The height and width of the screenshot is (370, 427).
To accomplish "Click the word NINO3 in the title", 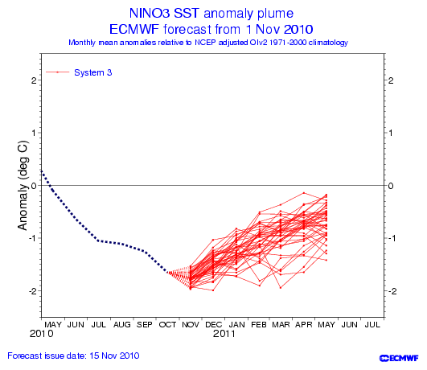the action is coord(149,13).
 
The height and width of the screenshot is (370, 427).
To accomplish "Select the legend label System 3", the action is coord(92,72).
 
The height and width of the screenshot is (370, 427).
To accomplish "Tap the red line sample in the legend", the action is coord(57,72).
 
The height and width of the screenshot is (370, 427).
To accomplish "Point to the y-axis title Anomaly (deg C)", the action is coord(23,185).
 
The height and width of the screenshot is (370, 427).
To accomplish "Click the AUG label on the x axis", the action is coord(121,324).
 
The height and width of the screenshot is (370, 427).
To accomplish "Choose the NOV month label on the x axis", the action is coord(191,324).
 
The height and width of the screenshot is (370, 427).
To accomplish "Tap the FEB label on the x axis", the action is coord(259,324).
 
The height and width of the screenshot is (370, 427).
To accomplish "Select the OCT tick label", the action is coord(167,324).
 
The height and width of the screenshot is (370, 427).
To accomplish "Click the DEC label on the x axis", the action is coord(213,324).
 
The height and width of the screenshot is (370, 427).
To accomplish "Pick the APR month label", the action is coord(304,324).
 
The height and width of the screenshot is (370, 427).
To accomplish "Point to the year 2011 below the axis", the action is coord(224,334).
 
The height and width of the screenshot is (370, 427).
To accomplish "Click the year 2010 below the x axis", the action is coord(41,334).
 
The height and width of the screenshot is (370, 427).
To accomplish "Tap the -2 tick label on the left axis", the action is coord(33,291).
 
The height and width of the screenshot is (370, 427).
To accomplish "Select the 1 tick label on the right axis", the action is coord(391,133).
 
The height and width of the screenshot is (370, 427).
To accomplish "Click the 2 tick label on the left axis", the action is coord(34,80).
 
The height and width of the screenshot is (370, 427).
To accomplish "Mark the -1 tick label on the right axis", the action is coord(391,238).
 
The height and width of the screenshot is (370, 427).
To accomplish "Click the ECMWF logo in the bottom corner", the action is coord(399,358).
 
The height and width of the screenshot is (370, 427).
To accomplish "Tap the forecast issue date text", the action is coord(73,356).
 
